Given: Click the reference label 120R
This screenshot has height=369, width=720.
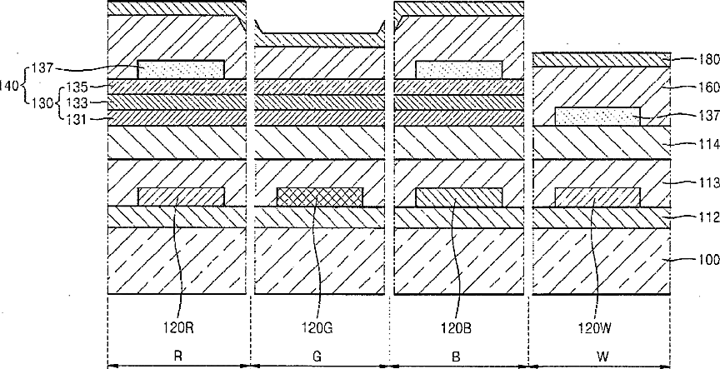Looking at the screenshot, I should pyautogui.click(x=179, y=328).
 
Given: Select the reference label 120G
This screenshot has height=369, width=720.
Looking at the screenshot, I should pyautogui.click(x=319, y=328).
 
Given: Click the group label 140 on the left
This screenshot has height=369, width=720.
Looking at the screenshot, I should pyautogui.click(x=12, y=84).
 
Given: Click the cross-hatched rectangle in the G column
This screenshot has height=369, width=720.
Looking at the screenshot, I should pyautogui.click(x=320, y=197).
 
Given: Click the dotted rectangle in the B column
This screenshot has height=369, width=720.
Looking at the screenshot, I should pyautogui.click(x=459, y=70).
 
